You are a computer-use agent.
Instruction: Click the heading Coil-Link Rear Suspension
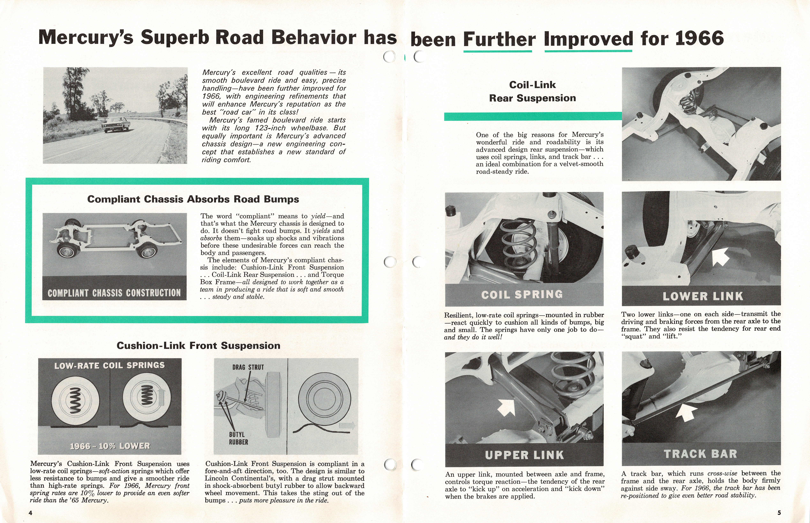coord(532,91)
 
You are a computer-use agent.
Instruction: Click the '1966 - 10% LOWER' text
coord(110,446)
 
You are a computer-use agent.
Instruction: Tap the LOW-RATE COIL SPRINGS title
coord(109,365)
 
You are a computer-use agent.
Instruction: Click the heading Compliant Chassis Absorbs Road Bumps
coord(193,199)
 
